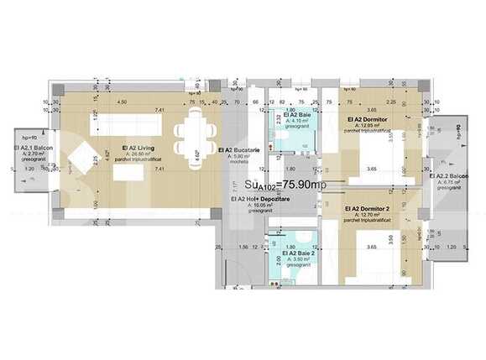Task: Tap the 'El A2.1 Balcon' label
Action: pos(34,149)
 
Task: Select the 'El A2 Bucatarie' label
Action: pos(238,149)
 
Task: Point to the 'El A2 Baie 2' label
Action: pos(299,253)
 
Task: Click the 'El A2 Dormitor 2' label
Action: pos(368,208)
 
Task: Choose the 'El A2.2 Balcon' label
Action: pos(449,176)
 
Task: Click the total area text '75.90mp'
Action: pos(290,185)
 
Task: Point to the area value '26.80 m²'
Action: pos(138,155)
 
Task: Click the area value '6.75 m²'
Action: pos(452,183)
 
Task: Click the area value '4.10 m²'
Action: pos(297,120)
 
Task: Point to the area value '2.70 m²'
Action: pos(35,154)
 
